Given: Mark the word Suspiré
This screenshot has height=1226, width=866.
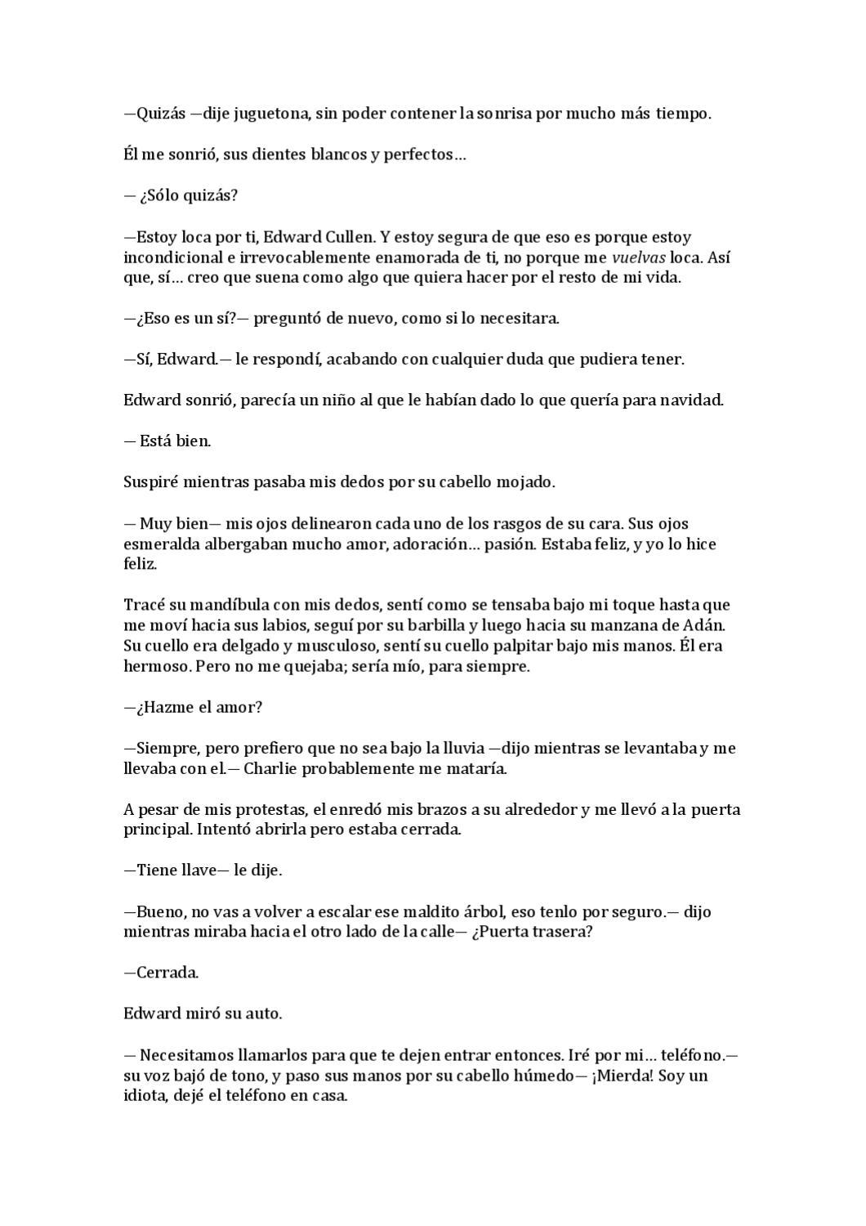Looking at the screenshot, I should tap(151, 482).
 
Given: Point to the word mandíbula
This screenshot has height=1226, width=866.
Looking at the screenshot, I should tap(208, 606).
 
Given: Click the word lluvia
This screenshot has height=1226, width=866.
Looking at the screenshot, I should tap(460, 749).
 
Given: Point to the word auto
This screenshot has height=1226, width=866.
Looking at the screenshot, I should tap(264, 1014).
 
